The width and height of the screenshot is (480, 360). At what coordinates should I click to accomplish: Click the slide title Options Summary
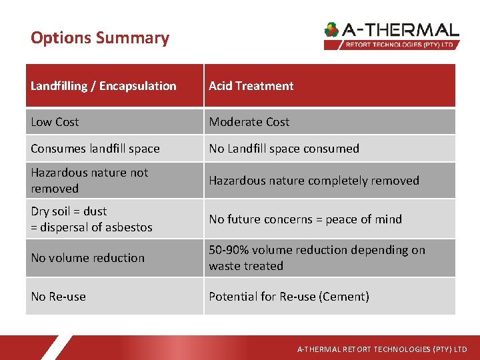pyautogui.click(x=100, y=38)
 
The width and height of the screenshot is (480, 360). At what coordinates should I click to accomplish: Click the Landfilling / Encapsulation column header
pyautogui.click(x=103, y=86)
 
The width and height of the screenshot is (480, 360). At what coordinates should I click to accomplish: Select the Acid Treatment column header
pyautogui.click(x=251, y=86)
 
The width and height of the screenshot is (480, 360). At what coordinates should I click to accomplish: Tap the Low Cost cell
pyautogui.click(x=55, y=122)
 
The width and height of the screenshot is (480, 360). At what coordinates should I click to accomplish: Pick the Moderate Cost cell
pyautogui.click(x=249, y=122)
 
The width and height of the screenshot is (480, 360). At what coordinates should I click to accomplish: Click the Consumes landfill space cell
pyautogui.click(x=95, y=149)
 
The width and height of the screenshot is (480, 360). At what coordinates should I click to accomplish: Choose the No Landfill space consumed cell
pyautogui.click(x=284, y=149)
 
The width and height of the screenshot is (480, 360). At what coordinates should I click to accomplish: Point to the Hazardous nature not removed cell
pyautogui.click(x=89, y=181)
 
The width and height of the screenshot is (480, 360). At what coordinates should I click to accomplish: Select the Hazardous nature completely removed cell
pyautogui.click(x=314, y=181)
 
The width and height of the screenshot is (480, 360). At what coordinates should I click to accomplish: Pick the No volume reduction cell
pyautogui.click(x=87, y=258)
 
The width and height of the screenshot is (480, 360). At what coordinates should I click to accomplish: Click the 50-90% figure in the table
pyautogui.click(x=231, y=250)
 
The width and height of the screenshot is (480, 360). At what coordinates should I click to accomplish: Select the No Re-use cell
pyautogui.click(x=58, y=297)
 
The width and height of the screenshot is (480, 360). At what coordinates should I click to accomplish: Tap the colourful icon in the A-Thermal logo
pyautogui.click(x=331, y=30)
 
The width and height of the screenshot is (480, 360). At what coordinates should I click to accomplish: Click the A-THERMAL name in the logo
pyautogui.click(x=401, y=30)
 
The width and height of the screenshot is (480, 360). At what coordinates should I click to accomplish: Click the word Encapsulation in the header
pyautogui.click(x=139, y=86)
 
